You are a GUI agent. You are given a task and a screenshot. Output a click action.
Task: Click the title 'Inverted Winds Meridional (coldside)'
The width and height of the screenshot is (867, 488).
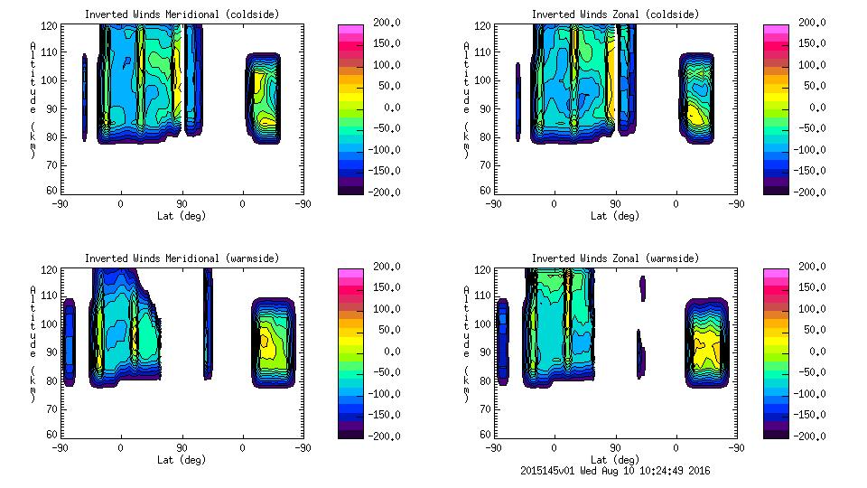point(182,14)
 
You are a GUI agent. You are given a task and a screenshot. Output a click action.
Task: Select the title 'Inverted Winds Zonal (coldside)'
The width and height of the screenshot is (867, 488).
point(614,14)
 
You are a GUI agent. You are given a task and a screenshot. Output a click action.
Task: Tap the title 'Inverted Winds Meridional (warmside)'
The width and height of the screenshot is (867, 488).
point(182,258)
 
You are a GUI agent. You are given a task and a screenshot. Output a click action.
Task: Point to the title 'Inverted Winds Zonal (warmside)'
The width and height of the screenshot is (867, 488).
point(614,258)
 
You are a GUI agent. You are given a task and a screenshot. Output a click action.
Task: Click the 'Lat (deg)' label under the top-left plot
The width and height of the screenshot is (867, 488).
point(182,216)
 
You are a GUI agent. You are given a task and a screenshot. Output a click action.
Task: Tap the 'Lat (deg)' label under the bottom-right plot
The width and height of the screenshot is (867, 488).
point(614,460)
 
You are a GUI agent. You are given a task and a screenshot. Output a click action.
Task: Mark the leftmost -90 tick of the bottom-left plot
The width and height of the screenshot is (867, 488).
point(60,447)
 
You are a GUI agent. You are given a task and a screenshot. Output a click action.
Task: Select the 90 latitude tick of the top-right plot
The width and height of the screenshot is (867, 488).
point(615,203)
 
